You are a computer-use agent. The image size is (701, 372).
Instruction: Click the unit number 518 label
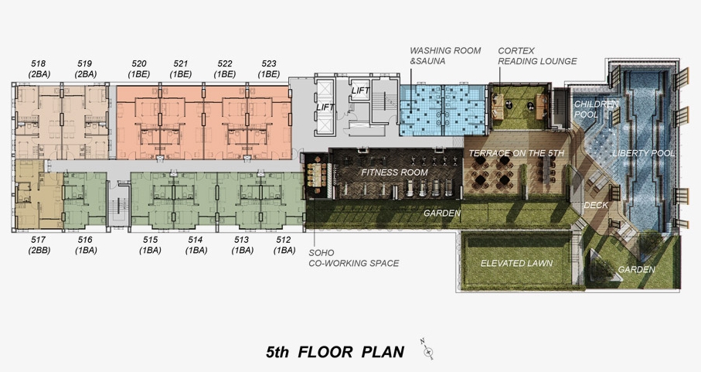click(39, 64)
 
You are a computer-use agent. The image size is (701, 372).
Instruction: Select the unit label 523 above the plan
click(269, 64)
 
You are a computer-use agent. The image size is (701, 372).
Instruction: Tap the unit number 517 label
click(39, 240)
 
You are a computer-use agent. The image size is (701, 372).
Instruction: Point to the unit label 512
click(284, 240)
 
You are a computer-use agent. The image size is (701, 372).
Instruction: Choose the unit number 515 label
click(151, 240)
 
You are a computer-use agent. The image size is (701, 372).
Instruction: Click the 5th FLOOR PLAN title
click(335, 352)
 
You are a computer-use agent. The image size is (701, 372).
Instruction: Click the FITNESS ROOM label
click(394, 172)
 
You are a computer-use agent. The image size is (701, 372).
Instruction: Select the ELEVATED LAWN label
click(516, 264)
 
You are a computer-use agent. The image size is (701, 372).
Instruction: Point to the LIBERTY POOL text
click(643, 153)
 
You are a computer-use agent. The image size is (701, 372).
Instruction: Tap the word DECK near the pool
click(596, 205)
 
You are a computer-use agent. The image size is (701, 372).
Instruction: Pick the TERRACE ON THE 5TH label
click(516, 153)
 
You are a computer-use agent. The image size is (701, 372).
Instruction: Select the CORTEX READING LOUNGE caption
click(537, 56)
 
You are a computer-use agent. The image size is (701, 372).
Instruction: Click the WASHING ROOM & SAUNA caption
click(445, 56)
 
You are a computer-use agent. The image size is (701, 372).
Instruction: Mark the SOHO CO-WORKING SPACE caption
click(354, 258)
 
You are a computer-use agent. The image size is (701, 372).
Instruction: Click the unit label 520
click(139, 64)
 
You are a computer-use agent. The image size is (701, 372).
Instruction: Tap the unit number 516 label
click(85, 240)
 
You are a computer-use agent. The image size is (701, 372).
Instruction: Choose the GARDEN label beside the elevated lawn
click(636, 270)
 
